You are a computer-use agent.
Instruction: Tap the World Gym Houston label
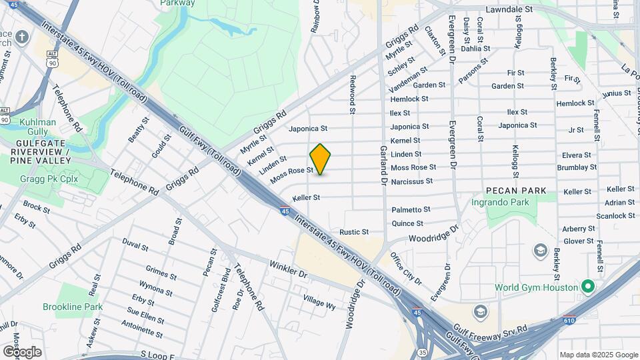[x=535, y=288]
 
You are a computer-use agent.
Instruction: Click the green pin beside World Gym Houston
[x=587, y=287]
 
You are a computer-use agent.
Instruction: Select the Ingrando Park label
[x=519, y=202]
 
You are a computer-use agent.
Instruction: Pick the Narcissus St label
[x=411, y=181]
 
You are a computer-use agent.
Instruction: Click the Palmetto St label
[x=411, y=209]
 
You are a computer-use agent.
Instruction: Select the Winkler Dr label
[x=288, y=269]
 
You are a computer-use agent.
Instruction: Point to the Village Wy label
[x=319, y=302]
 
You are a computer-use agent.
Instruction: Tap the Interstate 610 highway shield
[x=569, y=321]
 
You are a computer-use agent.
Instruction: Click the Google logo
[x=22, y=351]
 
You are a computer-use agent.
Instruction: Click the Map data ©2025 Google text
[x=598, y=355]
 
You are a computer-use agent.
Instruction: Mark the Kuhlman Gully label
[x=37, y=127]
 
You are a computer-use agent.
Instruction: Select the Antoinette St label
[x=142, y=325]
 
